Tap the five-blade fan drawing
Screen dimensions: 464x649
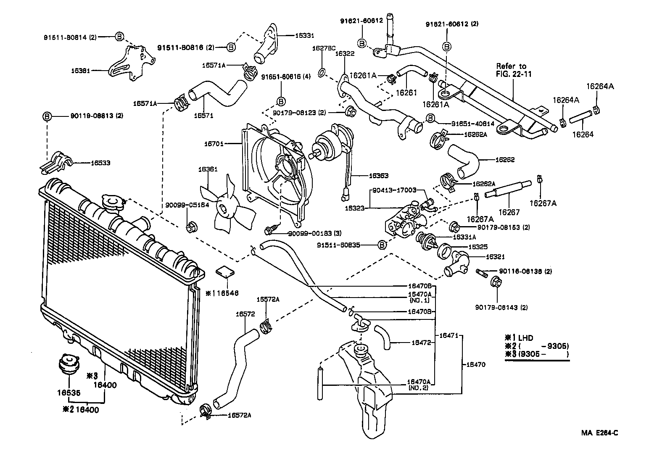pyautogui.click(x=225, y=205)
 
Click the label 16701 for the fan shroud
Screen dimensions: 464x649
pyautogui.click(x=213, y=144)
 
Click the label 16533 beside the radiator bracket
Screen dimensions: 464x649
pyautogui.click(x=100, y=163)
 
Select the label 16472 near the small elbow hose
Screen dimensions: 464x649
pyautogui.click(x=421, y=343)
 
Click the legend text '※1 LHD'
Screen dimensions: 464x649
pyautogui.click(x=519, y=337)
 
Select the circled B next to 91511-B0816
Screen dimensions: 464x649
pyautogui.click(x=231, y=47)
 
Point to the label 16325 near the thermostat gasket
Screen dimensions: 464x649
pyautogui.click(x=478, y=247)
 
